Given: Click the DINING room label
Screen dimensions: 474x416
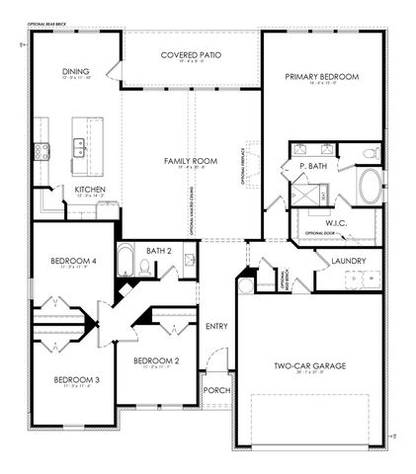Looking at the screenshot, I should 76,71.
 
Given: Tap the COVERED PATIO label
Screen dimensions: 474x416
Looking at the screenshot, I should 192,55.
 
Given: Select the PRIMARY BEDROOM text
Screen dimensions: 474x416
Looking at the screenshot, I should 320,76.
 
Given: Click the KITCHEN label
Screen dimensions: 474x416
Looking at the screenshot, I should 90,189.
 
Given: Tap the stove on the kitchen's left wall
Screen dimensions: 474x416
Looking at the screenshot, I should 42,151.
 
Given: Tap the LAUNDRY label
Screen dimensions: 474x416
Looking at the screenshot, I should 349,261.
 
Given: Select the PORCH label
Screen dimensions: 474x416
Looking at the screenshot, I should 216,390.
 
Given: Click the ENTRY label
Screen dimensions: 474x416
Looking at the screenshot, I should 216,326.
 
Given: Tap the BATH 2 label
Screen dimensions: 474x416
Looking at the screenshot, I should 159,252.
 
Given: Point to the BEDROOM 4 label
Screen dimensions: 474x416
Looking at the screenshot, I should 73,261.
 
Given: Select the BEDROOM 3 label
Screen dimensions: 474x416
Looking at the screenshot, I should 76,379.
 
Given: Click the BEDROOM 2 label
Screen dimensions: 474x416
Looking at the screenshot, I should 156,360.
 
